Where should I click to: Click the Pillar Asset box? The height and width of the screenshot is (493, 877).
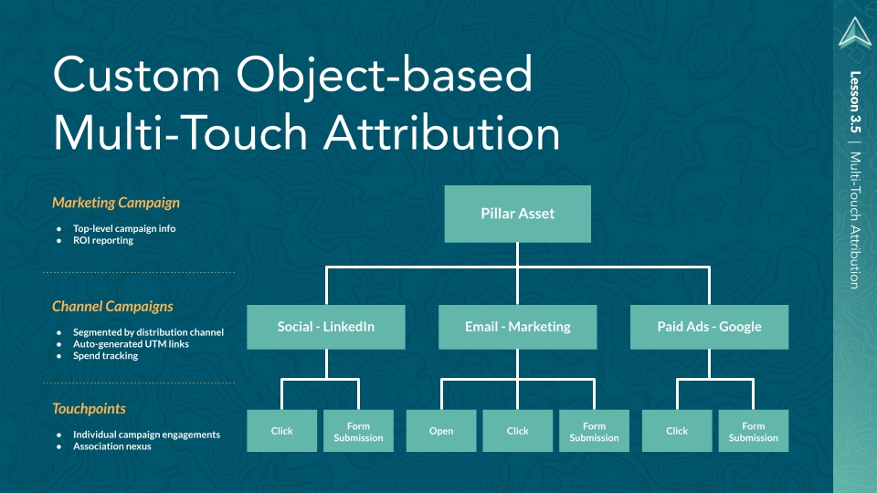click(517, 214)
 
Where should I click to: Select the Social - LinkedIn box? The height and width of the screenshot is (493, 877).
click(326, 327)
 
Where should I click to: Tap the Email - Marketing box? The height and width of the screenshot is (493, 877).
click(517, 327)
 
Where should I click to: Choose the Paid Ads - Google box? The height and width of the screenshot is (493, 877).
click(709, 327)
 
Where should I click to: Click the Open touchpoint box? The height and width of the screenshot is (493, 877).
click(441, 431)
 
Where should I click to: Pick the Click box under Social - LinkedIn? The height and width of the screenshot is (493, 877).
click(282, 431)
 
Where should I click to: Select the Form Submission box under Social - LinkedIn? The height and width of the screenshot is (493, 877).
click(359, 431)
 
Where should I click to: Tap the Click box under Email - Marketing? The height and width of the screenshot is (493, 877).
click(518, 431)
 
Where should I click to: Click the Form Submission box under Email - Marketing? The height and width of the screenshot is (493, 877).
click(594, 431)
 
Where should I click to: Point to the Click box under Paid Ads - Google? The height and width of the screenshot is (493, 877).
click(677, 431)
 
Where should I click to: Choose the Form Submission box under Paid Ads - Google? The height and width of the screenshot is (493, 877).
click(754, 431)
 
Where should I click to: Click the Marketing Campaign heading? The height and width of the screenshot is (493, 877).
click(116, 203)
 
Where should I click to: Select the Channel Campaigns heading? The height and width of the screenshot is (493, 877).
click(112, 307)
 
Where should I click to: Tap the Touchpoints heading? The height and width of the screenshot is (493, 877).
click(89, 409)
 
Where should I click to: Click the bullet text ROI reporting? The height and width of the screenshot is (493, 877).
click(103, 241)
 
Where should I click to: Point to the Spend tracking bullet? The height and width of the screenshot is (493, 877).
click(106, 356)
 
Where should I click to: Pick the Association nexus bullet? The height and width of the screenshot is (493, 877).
click(112, 446)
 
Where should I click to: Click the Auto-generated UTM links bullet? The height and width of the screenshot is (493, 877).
click(131, 344)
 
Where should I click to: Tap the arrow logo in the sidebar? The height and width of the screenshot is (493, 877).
click(855, 32)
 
